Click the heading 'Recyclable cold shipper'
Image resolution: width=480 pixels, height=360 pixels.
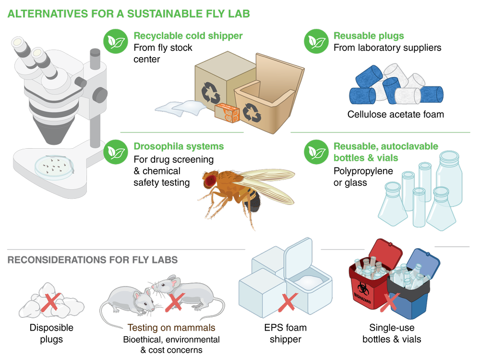click(x=188, y=36)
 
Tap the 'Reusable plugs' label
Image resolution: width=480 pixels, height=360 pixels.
click(x=369, y=36)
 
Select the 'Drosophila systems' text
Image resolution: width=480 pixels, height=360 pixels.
click(x=179, y=146)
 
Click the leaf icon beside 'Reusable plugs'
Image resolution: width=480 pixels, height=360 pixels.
click(x=316, y=41)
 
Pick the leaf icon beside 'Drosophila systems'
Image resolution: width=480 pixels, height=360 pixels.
click(x=115, y=152)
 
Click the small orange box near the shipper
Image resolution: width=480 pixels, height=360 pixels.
click(x=227, y=113)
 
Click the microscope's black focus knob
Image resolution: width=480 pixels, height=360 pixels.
click(x=100, y=94)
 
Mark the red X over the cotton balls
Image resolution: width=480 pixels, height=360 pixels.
click(x=49, y=302)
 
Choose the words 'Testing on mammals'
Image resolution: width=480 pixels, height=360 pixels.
click(x=171, y=328)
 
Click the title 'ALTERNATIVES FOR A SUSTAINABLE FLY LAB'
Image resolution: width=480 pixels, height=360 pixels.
click(x=129, y=13)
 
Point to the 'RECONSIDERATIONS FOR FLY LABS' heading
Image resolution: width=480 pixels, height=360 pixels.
click(x=93, y=260)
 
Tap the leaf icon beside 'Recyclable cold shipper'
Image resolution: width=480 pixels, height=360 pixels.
click(x=115, y=41)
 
